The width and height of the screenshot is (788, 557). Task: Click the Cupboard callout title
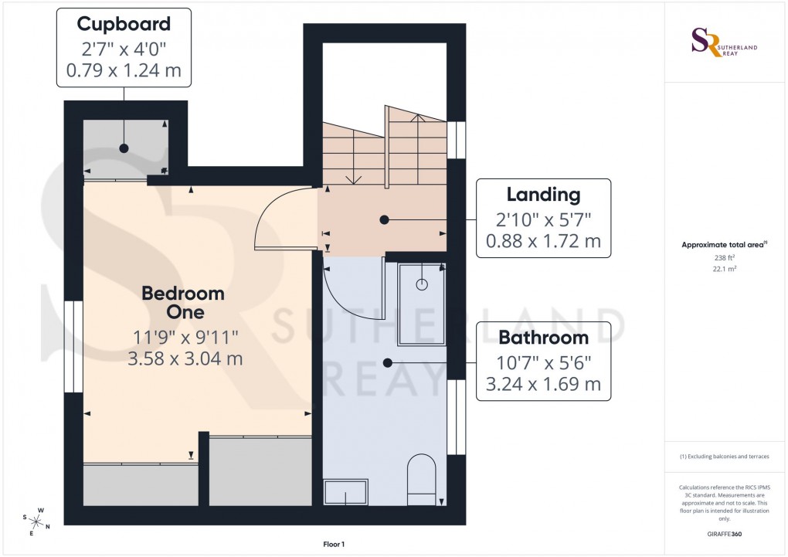[124, 24]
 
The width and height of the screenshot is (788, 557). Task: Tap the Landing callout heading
[543, 195]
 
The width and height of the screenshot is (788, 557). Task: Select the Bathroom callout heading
[543, 338]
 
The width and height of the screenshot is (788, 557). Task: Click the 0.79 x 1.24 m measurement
[124, 71]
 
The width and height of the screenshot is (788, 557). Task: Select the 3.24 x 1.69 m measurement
[543, 384]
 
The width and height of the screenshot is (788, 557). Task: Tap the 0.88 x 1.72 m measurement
[543, 241]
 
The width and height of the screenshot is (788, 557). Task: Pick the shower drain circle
[422, 284]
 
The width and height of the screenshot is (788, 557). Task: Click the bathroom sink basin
[345, 492]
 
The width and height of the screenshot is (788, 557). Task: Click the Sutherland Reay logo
[725, 42]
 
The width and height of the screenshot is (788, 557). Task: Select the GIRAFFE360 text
[725, 534]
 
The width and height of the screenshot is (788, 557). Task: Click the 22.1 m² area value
[725, 270]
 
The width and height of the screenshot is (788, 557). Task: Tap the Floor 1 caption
[334, 545]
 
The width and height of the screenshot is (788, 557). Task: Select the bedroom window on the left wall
[73, 345]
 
